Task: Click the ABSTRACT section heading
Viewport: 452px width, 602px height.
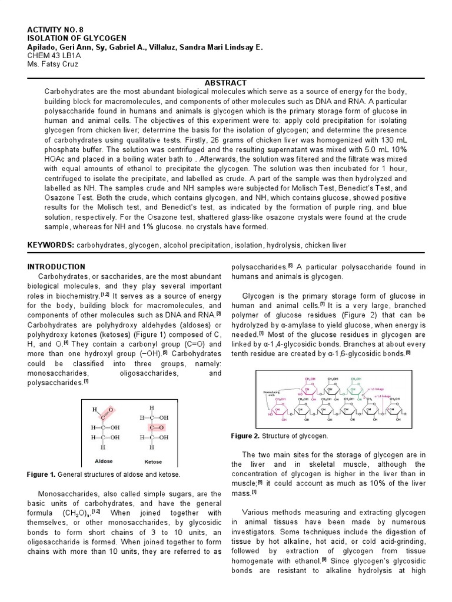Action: click(225, 83)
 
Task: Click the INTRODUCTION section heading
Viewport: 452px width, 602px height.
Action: click(56, 266)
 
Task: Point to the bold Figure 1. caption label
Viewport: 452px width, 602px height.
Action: click(41, 474)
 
